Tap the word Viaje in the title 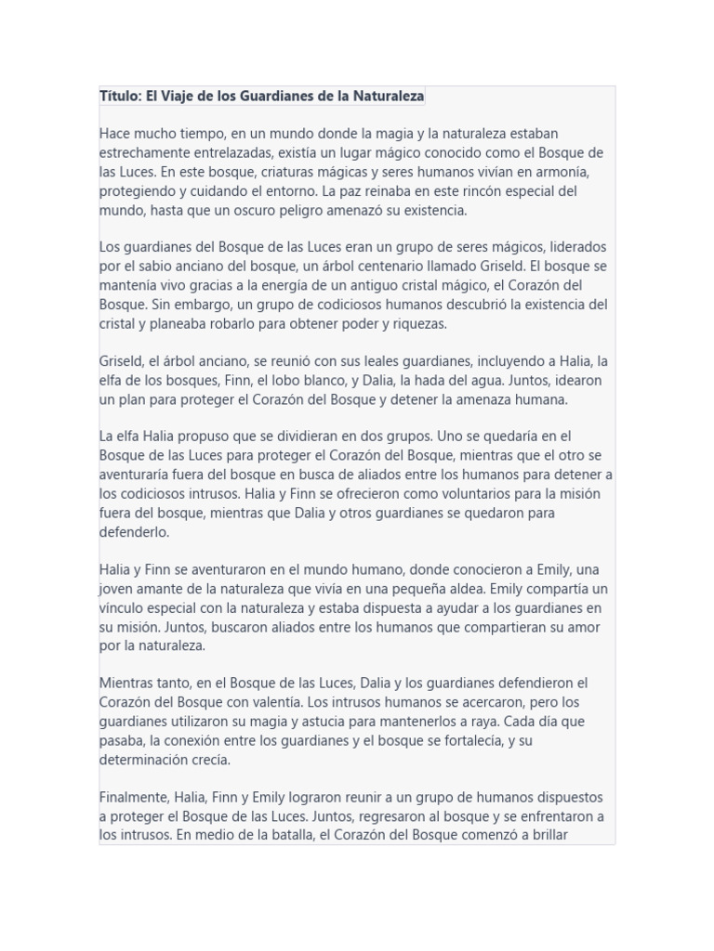click(181, 96)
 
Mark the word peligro click(295, 211)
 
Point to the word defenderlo click(134, 532)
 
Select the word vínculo click(122, 608)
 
